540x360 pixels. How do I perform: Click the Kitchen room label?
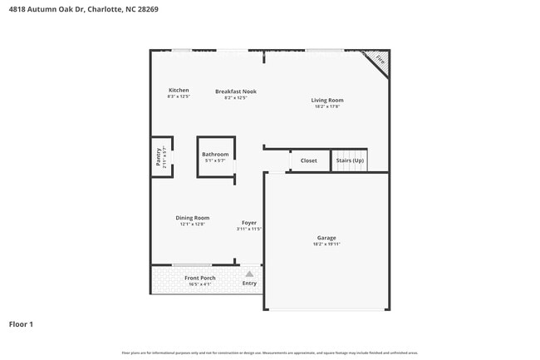coord(179,90)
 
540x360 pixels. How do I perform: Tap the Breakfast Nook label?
coord(236,91)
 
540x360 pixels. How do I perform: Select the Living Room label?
coord(328,100)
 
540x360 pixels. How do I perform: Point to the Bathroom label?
coord(215,154)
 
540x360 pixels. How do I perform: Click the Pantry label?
coord(158,156)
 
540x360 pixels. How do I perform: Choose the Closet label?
coord(309,160)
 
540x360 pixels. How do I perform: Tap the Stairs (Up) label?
coord(350,160)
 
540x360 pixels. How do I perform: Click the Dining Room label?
coord(192,218)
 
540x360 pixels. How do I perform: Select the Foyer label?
coord(248,222)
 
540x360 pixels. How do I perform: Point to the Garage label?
coord(326,238)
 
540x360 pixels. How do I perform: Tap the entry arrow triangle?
coord(249,273)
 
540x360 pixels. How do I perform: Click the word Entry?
coord(249,284)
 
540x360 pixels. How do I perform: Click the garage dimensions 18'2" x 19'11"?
coord(326,245)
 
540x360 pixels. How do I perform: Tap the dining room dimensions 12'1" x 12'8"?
coord(192,224)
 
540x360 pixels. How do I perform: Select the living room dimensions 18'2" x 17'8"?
coord(328,106)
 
